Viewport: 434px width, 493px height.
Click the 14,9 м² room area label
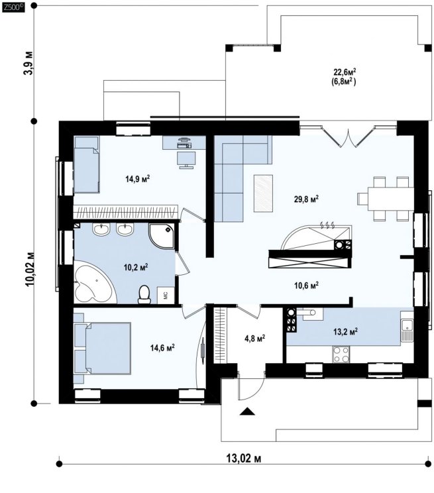[x=137, y=179]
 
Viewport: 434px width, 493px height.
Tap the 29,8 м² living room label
[x=306, y=199]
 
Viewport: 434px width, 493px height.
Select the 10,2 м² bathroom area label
[x=136, y=267]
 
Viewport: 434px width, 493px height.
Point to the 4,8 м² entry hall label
[x=254, y=339]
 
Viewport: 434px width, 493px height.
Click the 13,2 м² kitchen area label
[x=345, y=331]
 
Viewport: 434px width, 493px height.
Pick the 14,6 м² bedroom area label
[x=162, y=348]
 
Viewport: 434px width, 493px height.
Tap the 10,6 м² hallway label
[x=306, y=285]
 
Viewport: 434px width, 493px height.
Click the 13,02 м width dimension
[x=244, y=459]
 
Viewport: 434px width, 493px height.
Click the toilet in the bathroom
[x=144, y=295]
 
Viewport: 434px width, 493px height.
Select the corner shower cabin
[x=162, y=235]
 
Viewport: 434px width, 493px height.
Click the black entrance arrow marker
[x=247, y=411]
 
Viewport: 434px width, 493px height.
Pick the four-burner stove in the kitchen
[x=341, y=355]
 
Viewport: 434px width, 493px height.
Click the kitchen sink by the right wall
[x=407, y=330]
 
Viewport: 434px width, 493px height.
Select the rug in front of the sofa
[x=263, y=193]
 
